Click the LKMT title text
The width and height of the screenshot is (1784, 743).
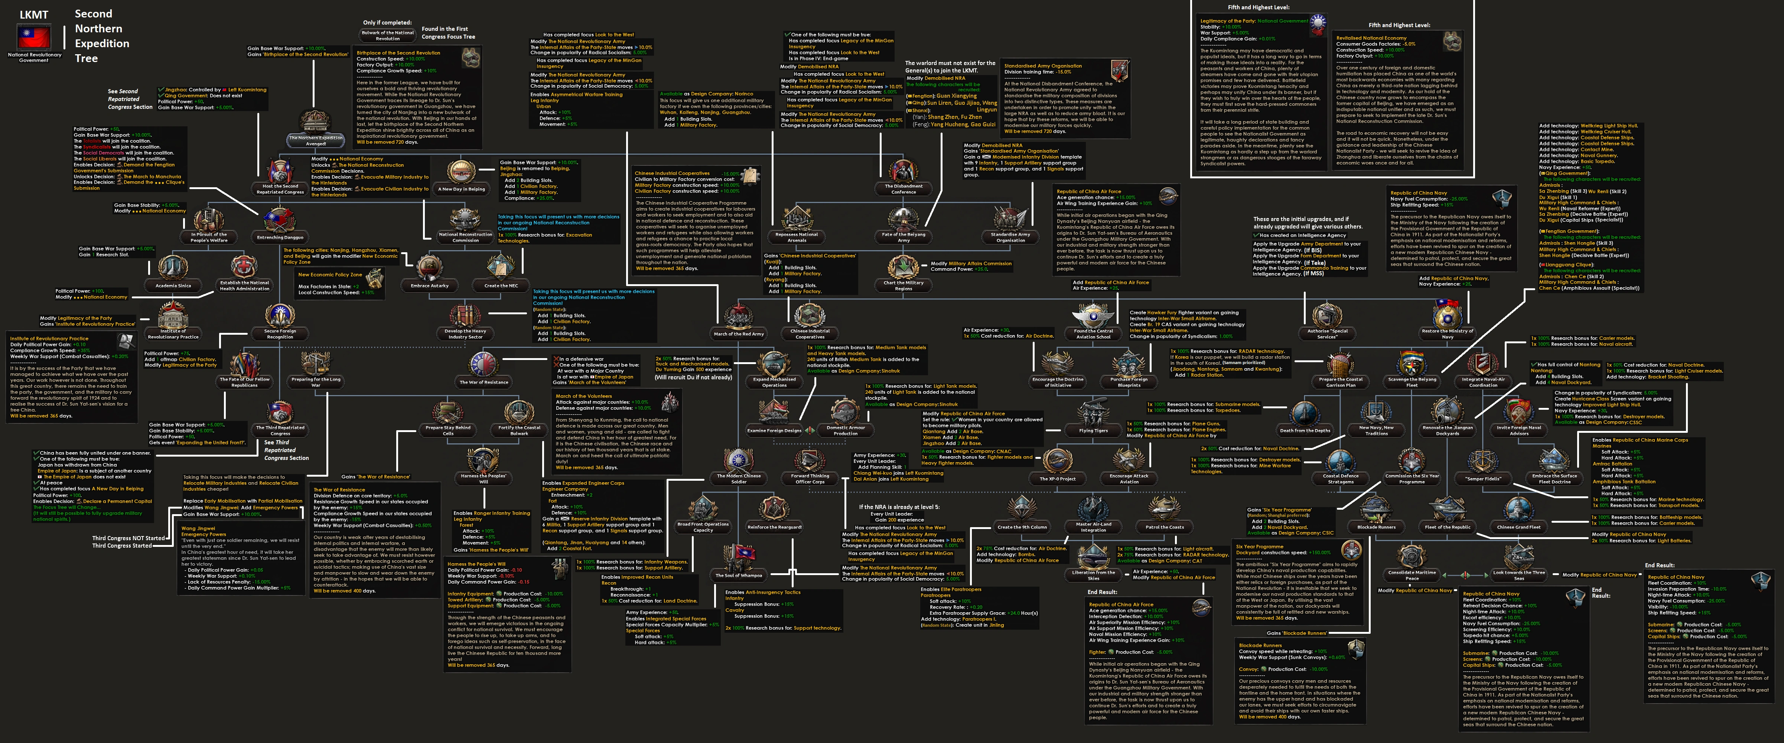(33, 14)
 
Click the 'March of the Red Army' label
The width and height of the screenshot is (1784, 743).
(738, 334)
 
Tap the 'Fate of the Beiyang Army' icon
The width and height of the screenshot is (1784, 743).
(903, 220)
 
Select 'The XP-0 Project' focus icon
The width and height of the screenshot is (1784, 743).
(1058, 461)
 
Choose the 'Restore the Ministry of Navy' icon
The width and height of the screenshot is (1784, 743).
(1448, 315)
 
